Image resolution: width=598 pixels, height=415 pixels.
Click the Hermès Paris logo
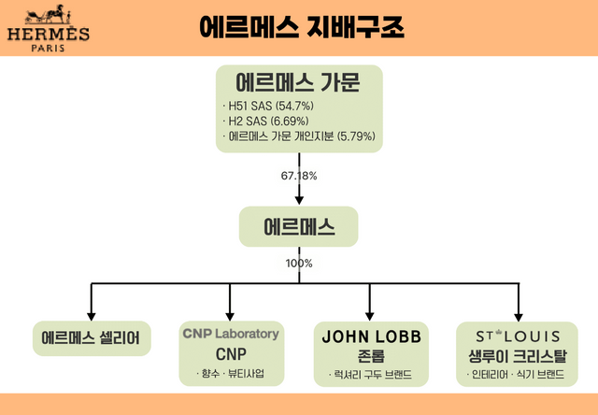(49, 29)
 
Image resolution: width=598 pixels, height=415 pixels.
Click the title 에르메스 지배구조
(302, 27)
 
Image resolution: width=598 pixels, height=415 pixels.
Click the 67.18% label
(300, 175)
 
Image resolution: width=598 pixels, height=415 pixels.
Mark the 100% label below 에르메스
(299, 264)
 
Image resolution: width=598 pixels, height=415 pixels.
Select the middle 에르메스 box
(299, 227)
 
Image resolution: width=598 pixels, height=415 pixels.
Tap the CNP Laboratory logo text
(230, 334)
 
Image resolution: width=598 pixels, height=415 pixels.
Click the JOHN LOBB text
(372, 336)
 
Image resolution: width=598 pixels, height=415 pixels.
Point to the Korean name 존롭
(372, 355)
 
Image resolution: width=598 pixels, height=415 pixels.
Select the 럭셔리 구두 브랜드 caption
(372, 375)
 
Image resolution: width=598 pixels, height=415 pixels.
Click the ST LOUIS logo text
(518, 336)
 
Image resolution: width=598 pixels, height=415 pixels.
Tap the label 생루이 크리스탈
(518, 355)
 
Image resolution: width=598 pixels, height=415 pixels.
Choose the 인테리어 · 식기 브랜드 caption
(518, 375)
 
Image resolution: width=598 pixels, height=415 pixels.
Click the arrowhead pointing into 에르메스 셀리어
(91, 314)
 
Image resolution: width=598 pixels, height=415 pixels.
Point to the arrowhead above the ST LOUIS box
(518, 314)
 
